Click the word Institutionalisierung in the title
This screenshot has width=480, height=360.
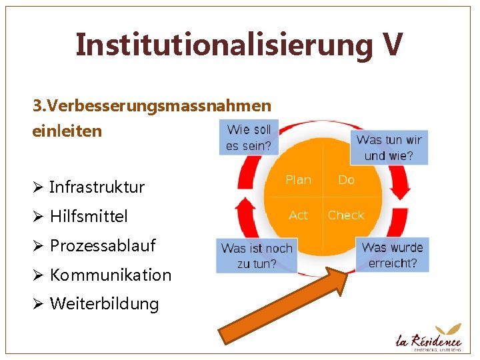pyautogui.click(x=224, y=45)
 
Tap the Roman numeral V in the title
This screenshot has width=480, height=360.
pyautogui.click(x=392, y=44)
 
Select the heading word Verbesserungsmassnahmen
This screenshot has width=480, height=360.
pyautogui.click(x=160, y=106)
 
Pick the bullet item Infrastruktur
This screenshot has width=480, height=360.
pyautogui.click(x=97, y=187)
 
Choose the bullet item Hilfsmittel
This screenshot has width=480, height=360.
pyautogui.click(x=89, y=216)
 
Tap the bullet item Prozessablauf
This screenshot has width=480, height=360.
pyautogui.click(x=103, y=245)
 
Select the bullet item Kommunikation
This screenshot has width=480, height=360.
pyautogui.click(x=111, y=275)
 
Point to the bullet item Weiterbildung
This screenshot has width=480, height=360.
pyautogui.click(x=105, y=304)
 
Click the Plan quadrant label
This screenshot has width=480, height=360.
pyautogui.click(x=298, y=180)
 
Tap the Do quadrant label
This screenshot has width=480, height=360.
pyautogui.click(x=347, y=180)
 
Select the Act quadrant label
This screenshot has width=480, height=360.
pyautogui.click(x=298, y=215)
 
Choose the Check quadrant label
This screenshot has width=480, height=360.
pyautogui.click(x=346, y=215)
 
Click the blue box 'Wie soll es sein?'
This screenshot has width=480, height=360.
pyautogui.click(x=248, y=137)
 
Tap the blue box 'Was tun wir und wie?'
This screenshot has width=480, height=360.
pyautogui.click(x=389, y=147)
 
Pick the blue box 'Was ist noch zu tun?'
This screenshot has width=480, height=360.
pyautogui.click(x=257, y=255)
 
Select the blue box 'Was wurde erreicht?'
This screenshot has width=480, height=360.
pyautogui.click(x=392, y=255)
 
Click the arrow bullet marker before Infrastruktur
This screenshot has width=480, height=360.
pyautogui.click(x=37, y=187)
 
